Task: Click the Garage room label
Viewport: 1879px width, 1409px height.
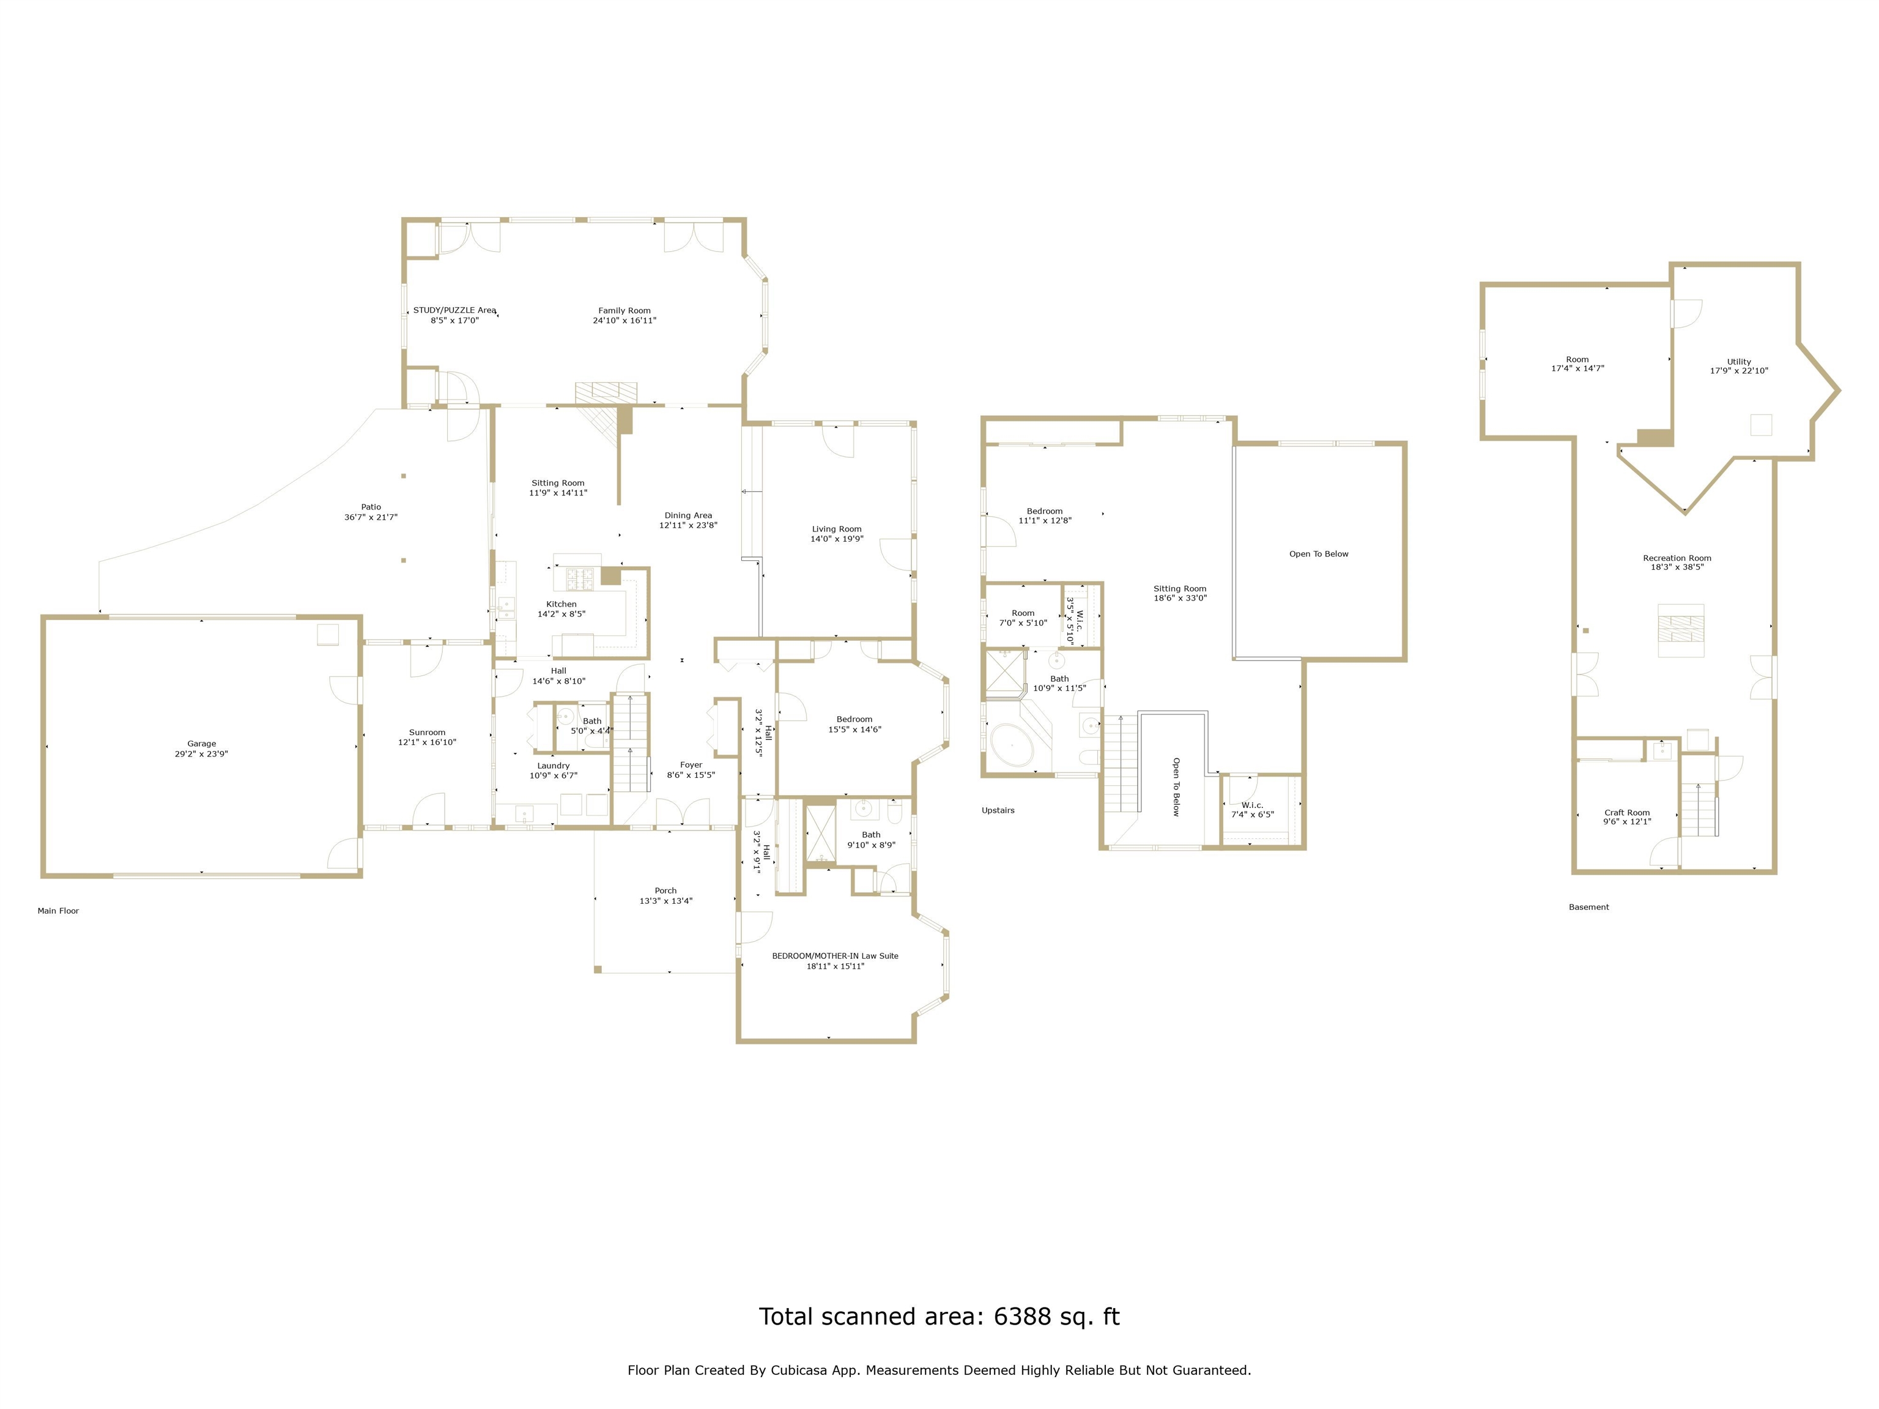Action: click(201, 743)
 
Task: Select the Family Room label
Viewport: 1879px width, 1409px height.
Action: click(624, 311)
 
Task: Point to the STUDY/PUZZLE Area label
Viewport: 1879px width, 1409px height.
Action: click(454, 311)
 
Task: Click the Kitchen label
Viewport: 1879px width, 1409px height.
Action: click(561, 604)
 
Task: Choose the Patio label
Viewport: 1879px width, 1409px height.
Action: click(371, 507)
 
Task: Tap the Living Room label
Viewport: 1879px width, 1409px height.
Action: click(837, 529)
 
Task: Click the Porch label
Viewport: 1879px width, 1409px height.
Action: click(665, 891)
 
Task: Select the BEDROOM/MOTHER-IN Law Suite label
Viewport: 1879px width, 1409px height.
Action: click(835, 955)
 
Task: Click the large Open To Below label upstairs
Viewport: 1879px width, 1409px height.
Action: click(1318, 553)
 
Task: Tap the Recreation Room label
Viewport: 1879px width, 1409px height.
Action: click(1677, 558)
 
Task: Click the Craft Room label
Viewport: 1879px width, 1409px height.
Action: click(1627, 813)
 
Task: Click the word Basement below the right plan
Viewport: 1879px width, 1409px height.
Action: click(1588, 907)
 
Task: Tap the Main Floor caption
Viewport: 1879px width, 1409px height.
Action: click(57, 911)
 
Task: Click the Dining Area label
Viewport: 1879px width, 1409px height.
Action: click(688, 516)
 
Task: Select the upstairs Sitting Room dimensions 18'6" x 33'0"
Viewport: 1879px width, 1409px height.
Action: click(1180, 598)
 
